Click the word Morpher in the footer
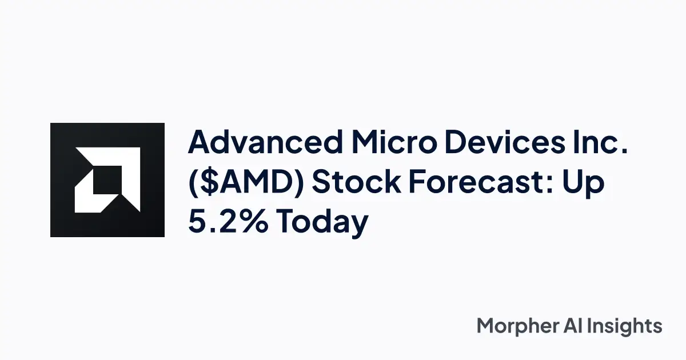[518, 327]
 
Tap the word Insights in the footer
[628, 327]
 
